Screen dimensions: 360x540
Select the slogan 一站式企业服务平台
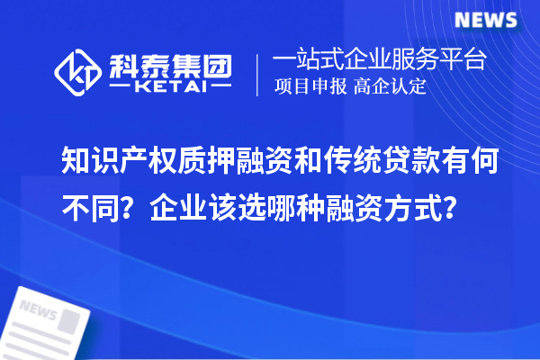(381, 61)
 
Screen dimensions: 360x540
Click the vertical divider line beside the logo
(258, 75)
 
